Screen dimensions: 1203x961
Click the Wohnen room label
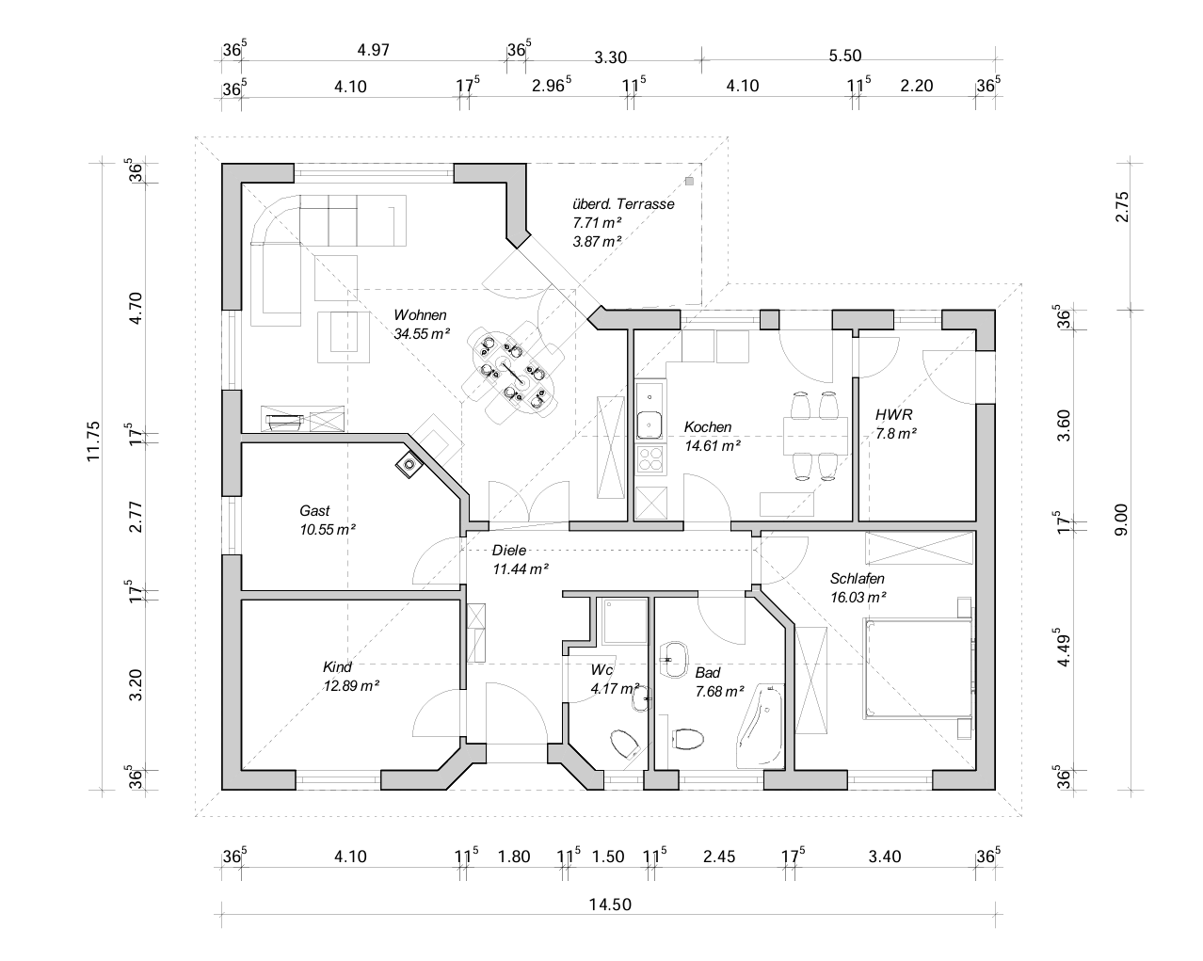420,314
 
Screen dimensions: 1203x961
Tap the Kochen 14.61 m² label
713,436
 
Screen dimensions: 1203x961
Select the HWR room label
894,415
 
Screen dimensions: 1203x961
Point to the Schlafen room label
857,578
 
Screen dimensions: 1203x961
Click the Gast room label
314,510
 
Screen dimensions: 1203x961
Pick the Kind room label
337,667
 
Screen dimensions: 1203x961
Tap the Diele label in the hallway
508,550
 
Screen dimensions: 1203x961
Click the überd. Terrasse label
623,204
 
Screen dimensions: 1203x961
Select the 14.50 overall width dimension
610,905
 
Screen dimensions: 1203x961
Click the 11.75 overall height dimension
93,441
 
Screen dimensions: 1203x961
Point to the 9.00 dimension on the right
1121,520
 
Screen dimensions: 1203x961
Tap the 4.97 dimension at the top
374,50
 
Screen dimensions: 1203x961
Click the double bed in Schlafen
917,668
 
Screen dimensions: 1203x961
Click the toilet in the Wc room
625,745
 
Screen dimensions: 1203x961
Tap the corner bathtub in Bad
761,725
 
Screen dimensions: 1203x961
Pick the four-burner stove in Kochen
650,459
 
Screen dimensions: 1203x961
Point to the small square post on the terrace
689,181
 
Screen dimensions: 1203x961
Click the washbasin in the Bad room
674,660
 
